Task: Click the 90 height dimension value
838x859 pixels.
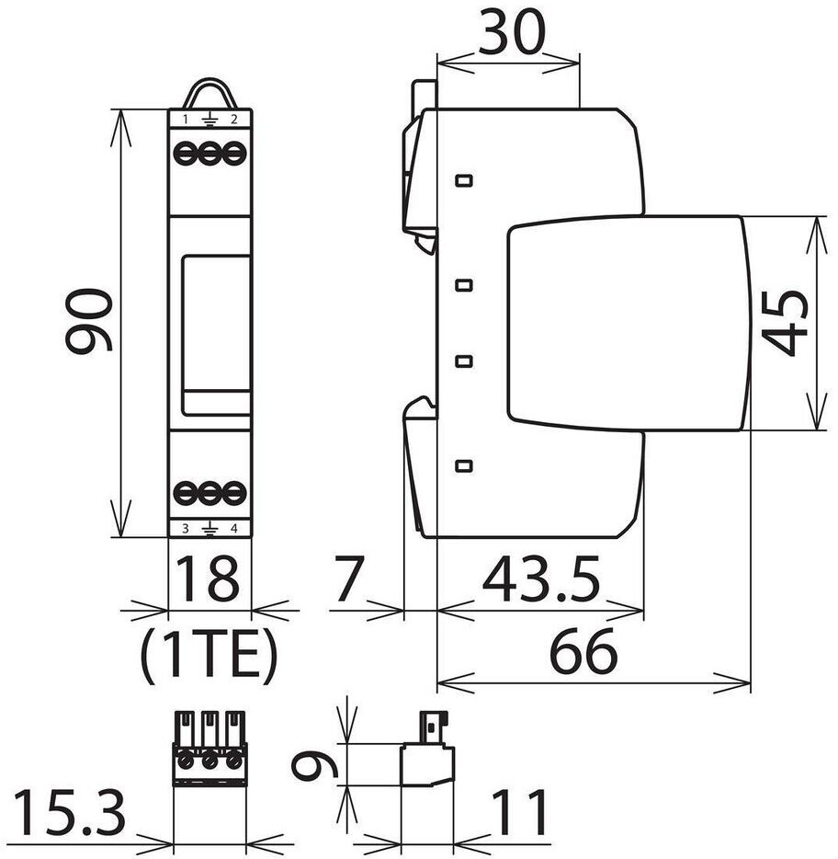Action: click(x=89, y=320)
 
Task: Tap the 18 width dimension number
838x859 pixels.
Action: click(x=208, y=577)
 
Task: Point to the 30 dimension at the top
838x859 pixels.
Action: click(x=512, y=31)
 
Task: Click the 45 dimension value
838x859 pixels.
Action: click(x=785, y=323)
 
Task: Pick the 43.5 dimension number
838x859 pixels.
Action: click(x=541, y=578)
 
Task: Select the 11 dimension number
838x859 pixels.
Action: click(x=520, y=812)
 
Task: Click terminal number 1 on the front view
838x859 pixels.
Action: click(x=186, y=119)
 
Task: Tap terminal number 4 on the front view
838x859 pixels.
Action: click(x=233, y=529)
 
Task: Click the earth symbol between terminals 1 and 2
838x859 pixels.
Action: click(x=209, y=120)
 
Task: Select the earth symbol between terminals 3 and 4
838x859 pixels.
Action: click(x=209, y=529)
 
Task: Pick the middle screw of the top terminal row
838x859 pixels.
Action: click(x=209, y=154)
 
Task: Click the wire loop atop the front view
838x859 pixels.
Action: click(x=209, y=89)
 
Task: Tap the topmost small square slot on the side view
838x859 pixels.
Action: click(x=464, y=180)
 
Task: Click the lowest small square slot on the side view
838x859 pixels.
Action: click(x=464, y=465)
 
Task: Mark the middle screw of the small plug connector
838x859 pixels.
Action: click(x=209, y=762)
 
